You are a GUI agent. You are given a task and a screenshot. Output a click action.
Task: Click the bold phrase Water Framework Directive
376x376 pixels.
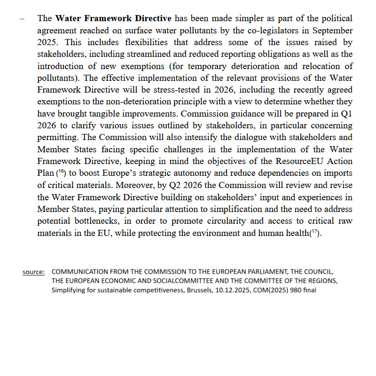113,19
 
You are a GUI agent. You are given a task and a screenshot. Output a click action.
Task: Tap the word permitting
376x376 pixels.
58,137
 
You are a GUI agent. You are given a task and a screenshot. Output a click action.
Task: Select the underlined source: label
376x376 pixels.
34,272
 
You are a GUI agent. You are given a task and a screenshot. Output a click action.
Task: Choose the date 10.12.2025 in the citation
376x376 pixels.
239,290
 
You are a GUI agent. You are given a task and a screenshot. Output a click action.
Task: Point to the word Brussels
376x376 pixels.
201,290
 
